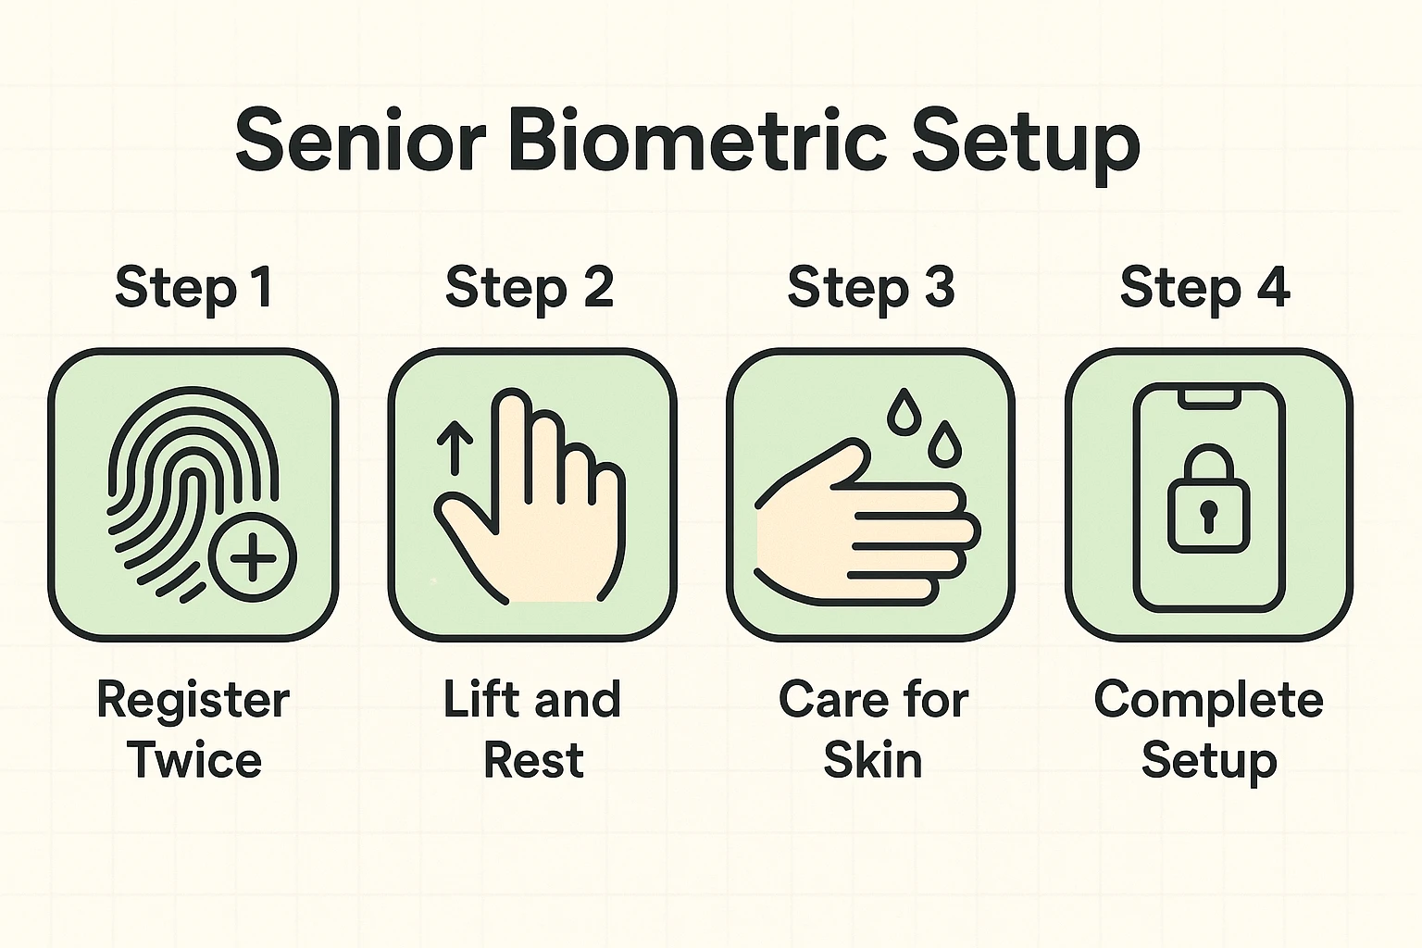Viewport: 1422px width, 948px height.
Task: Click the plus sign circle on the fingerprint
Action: [x=252, y=558]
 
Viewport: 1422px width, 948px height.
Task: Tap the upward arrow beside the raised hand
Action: [x=455, y=447]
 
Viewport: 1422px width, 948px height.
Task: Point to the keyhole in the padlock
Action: [x=1208, y=514]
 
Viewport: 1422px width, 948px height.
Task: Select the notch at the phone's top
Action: [x=1208, y=397]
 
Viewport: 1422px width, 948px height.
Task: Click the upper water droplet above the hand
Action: [x=904, y=412]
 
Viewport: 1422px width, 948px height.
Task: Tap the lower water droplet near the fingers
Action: [x=944, y=443]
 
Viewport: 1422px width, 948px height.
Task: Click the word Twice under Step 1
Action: [x=194, y=761]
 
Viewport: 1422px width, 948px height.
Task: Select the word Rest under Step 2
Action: [x=533, y=761]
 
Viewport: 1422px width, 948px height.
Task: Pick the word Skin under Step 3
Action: [x=873, y=761]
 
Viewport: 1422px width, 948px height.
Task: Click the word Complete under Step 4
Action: [x=1208, y=701]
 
